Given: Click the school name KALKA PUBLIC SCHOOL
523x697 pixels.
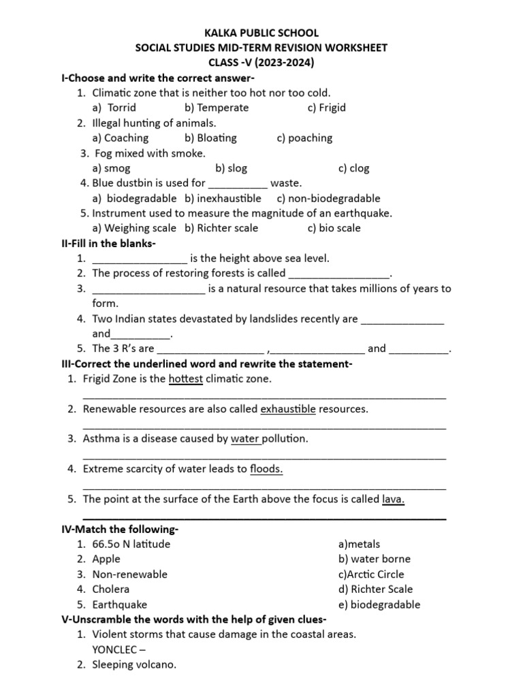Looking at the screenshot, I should [261, 33].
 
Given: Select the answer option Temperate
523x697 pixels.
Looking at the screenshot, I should [217, 108].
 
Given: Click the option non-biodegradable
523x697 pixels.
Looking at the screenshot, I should [328, 198].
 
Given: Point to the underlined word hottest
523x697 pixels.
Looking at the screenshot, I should [186, 378].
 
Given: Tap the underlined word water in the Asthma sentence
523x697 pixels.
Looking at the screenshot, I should [246, 439].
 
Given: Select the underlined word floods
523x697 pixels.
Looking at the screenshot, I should [266, 469].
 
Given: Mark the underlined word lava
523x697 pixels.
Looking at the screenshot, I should [394, 499].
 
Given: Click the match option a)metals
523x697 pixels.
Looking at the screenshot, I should [359, 544].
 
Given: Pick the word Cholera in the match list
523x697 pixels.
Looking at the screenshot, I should [111, 589].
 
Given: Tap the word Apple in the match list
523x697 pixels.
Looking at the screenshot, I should [106, 559].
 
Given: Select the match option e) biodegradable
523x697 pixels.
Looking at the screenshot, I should [379, 604].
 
